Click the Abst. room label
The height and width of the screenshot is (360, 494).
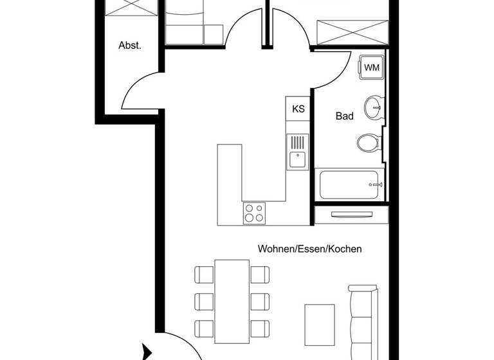tap(129, 46)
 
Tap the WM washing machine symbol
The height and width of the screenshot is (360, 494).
tap(371, 67)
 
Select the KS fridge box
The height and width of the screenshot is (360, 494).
tap(298, 109)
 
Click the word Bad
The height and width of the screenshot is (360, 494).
tap(345, 116)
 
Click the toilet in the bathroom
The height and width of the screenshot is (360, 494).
tap(368, 142)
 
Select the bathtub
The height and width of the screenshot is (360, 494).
tap(350, 184)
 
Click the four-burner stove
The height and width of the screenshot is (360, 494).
tap(254, 212)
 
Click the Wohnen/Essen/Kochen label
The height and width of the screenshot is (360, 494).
tap(309, 249)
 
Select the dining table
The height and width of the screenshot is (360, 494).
tap(232, 301)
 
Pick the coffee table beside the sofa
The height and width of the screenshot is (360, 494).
tap(320, 325)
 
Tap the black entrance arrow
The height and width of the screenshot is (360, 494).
tap(147, 352)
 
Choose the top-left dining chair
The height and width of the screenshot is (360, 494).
tap(204, 275)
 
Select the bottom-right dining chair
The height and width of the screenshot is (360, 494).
tap(259, 328)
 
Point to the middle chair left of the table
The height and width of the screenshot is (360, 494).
tap(204, 301)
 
